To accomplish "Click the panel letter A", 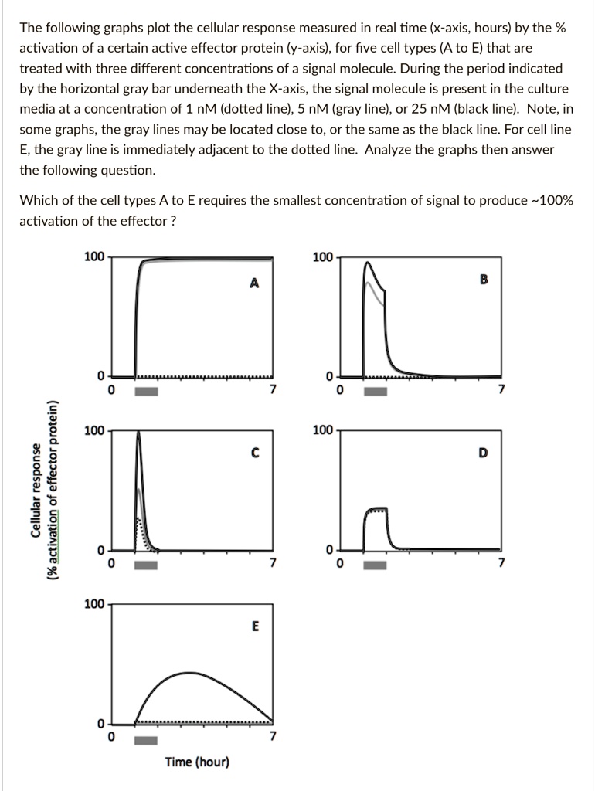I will (x=254, y=283).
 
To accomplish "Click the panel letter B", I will (x=484, y=280).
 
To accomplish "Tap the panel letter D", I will (x=483, y=453).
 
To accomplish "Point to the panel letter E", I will (x=254, y=627).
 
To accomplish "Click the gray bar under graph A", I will (x=146, y=391).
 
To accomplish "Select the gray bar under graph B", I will (x=376, y=391).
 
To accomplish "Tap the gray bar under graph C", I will (x=146, y=565).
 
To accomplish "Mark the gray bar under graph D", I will (x=376, y=565).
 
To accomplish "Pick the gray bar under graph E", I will (x=146, y=741).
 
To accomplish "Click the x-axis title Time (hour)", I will (x=197, y=762).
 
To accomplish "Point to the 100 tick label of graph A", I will (x=94, y=257).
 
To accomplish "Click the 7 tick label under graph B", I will (x=501, y=389).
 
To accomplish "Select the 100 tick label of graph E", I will (x=94, y=603).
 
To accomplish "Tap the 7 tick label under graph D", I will (x=501, y=563).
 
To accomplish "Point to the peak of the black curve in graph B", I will (x=369, y=264).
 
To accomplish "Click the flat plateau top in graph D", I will (x=376, y=510).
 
